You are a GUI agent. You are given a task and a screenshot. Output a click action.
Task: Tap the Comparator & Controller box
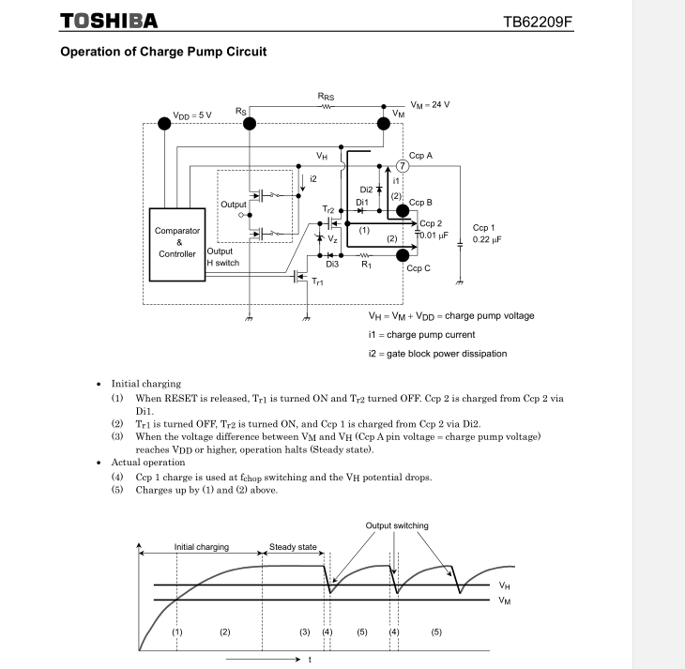click(x=173, y=241)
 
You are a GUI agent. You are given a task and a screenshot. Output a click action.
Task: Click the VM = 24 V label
click(x=431, y=104)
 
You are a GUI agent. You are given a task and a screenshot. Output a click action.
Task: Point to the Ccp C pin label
click(x=419, y=267)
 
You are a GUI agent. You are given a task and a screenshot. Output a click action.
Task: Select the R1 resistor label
click(x=369, y=266)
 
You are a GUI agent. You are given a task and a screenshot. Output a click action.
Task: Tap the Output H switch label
click(x=222, y=257)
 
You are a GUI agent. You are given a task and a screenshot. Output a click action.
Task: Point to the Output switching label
click(x=397, y=525)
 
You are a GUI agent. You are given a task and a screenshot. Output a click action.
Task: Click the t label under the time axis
click(x=310, y=660)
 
